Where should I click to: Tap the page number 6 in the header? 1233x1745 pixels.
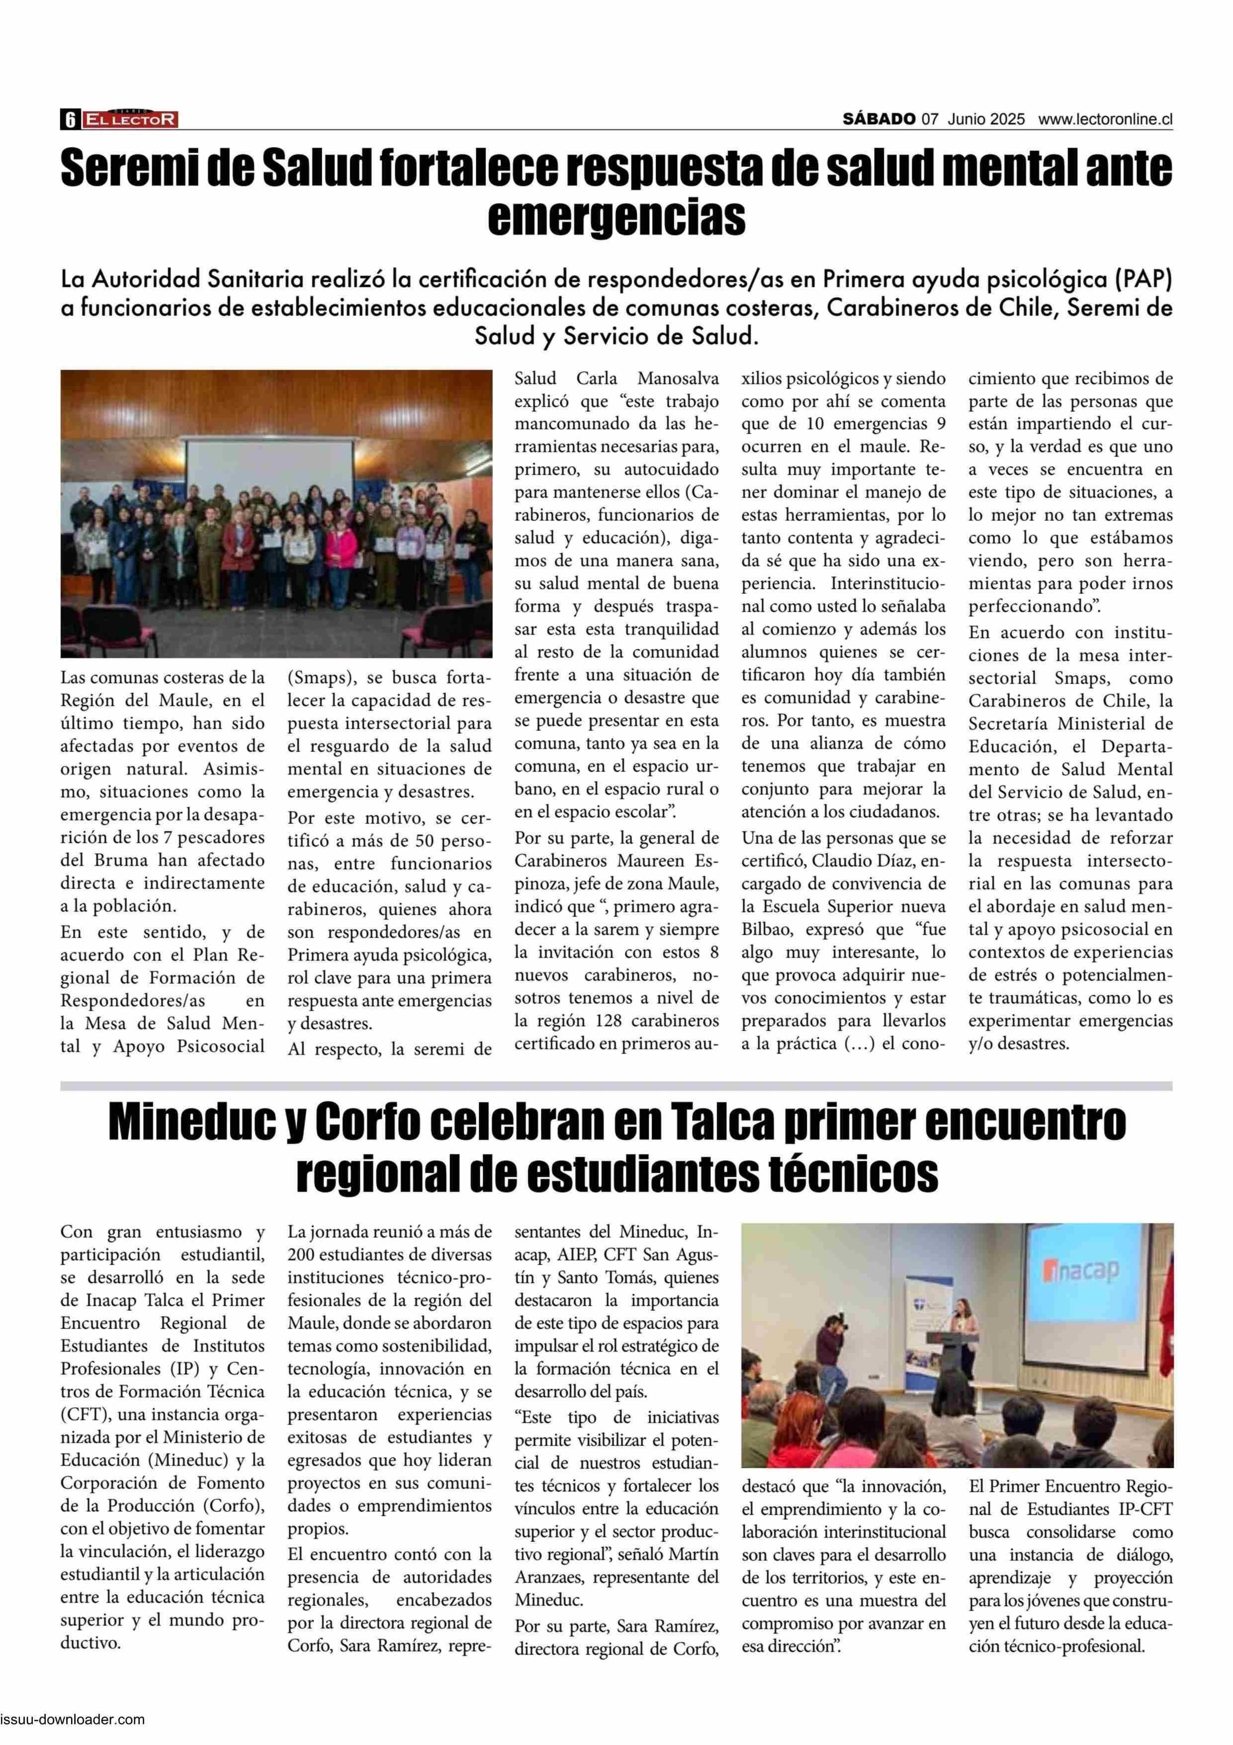tap(70, 119)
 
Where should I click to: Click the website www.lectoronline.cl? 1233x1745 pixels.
tap(1105, 119)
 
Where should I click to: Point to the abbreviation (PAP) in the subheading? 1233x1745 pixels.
tap(1143, 280)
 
